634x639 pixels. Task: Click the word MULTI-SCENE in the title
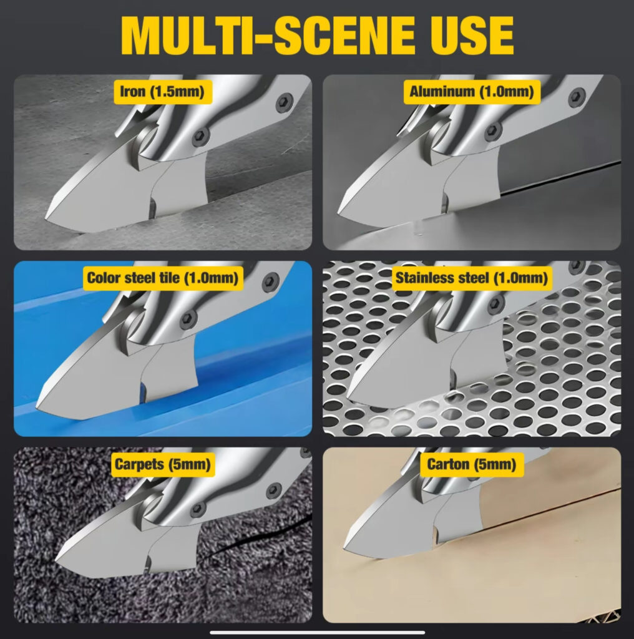tap(268, 36)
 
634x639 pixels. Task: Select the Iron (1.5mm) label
tap(162, 92)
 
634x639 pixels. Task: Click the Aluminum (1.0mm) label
tap(471, 92)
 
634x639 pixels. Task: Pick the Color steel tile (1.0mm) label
tap(163, 278)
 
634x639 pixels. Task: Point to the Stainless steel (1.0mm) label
tap(471, 278)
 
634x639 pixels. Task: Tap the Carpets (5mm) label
tap(163, 464)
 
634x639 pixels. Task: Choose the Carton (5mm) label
tap(471, 464)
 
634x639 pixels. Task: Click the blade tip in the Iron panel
tap(46, 218)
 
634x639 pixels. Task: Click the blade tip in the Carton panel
tap(344, 548)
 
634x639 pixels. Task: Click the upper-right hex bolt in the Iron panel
tap(284, 102)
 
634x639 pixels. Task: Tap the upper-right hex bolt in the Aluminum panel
tap(577, 96)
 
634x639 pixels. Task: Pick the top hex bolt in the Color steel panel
tap(271, 282)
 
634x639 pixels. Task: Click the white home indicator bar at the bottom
tap(318, 633)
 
